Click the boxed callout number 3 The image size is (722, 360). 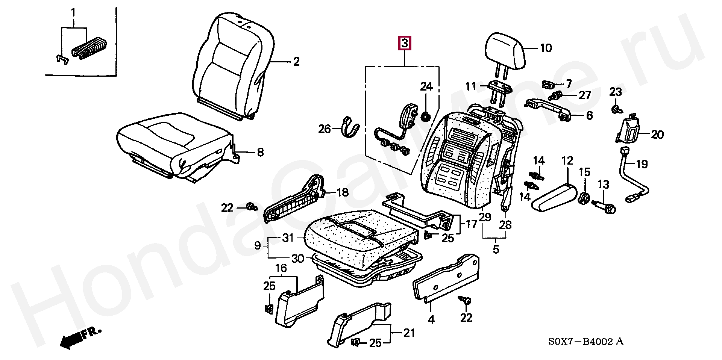pyautogui.click(x=404, y=43)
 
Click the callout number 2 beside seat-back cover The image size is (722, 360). pyautogui.click(x=296, y=62)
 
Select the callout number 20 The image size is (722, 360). pyautogui.click(x=657, y=135)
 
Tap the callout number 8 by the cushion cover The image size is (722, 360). pyautogui.click(x=260, y=153)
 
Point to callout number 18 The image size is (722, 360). pyautogui.click(x=343, y=193)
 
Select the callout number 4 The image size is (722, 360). pyautogui.click(x=431, y=319)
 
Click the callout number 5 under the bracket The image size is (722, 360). pyautogui.click(x=496, y=249)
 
